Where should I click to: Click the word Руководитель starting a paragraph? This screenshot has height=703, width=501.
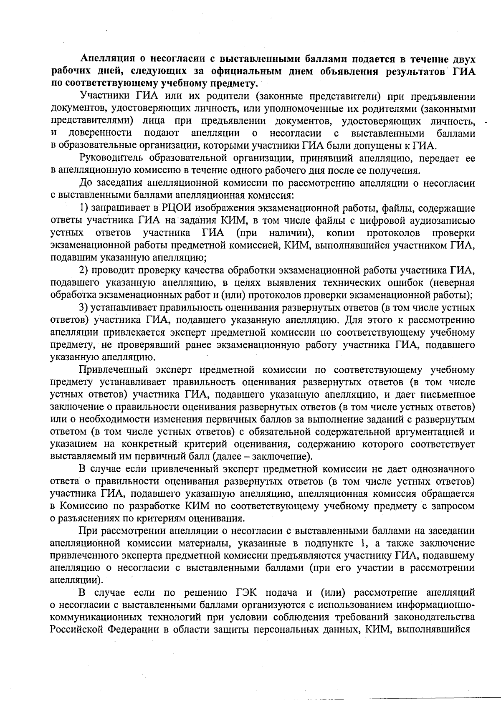111,158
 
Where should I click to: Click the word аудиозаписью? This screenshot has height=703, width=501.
443,220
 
